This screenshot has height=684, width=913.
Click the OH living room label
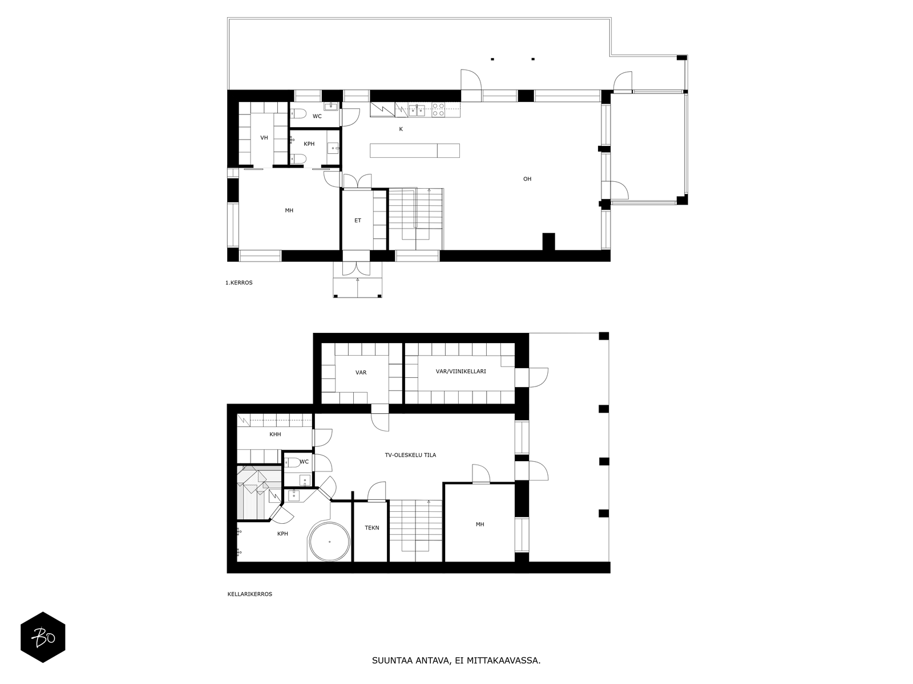coord(527,179)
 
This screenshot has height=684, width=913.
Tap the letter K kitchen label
coord(401,129)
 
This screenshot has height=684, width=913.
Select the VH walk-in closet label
coord(264,138)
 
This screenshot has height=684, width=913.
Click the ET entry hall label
coord(358,221)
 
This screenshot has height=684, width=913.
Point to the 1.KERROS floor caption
coord(239,283)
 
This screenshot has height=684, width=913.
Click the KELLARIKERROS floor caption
coord(249,594)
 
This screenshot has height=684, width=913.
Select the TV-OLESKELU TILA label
coord(410,455)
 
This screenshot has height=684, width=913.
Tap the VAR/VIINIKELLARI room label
coord(461,371)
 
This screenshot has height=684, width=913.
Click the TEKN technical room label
coord(372,528)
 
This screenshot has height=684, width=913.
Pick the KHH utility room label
coord(276,434)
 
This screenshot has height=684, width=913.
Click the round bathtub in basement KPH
coord(329,541)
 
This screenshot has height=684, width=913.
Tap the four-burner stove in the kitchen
coord(438,109)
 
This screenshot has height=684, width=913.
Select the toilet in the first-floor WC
coord(298,114)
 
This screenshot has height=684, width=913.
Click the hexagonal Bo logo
coord(43,637)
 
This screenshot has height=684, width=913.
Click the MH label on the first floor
coord(289,210)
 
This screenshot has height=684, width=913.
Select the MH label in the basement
coord(480,524)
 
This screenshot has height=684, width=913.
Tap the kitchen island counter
coord(415,150)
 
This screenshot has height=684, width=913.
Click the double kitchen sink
coord(417,109)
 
